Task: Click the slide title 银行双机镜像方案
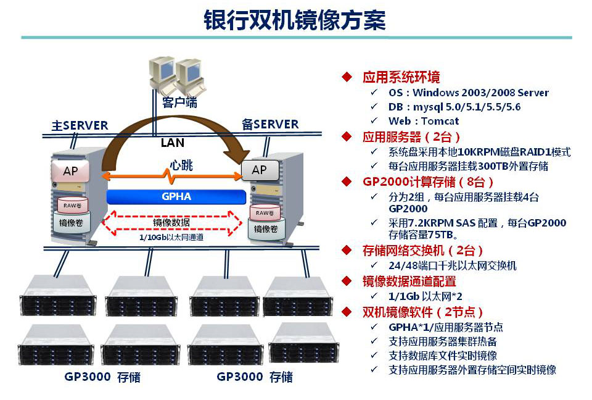pyautogui.click(x=295, y=20)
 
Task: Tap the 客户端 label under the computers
pyautogui.click(x=179, y=102)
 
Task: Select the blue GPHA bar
pyautogui.click(x=176, y=197)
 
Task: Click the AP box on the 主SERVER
pyautogui.click(x=71, y=171)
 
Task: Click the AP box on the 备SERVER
pyautogui.click(x=259, y=170)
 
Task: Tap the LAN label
pyautogui.click(x=172, y=143)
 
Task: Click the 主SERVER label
pyautogui.click(x=80, y=125)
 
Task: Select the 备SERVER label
pyautogui.click(x=270, y=125)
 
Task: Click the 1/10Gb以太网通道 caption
pyautogui.click(x=171, y=236)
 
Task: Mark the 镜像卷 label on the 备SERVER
pyautogui.click(x=266, y=228)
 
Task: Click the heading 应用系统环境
pyautogui.click(x=401, y=77)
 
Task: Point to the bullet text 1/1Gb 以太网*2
pyautogui.click(x=426, y=296)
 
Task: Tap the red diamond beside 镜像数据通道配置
pyautogui.click(x=347, y=281)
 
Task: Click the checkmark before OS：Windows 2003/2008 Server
pyautogui.click(x=374, y=93)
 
